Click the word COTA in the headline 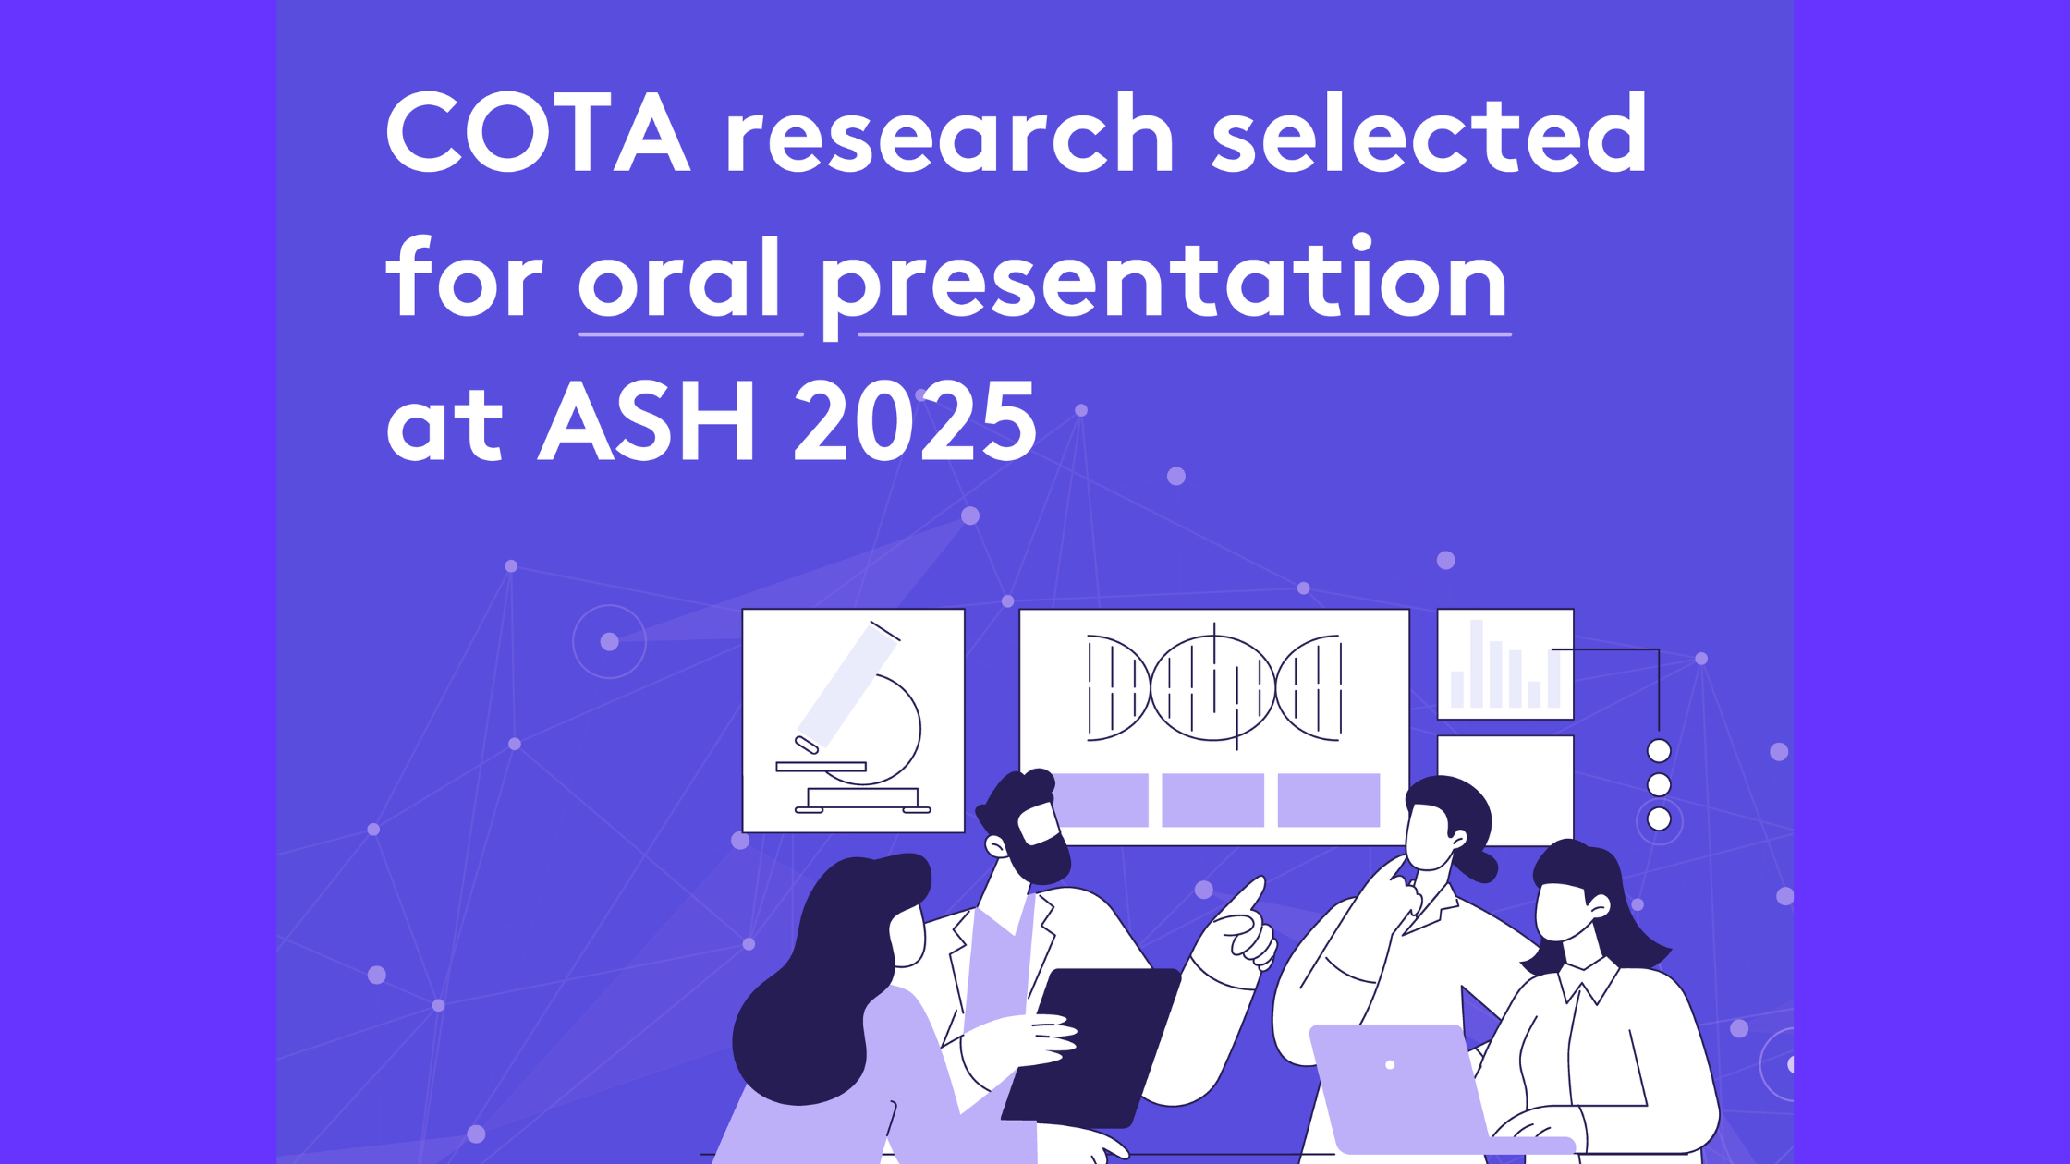538,132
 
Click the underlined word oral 679,276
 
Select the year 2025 915,421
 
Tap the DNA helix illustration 1214,688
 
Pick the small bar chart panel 1505,664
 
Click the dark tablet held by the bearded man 1090,1049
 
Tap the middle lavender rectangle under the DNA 1212,800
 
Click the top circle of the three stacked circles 1659,750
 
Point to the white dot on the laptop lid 1390,1065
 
